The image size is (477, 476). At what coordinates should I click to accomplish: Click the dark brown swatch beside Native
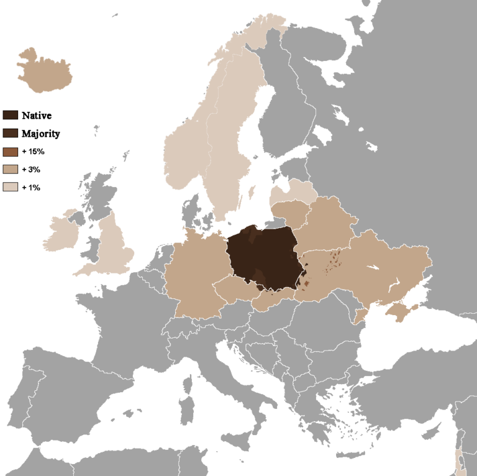[11, 115]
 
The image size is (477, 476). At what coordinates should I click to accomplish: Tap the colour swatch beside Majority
[11, 133]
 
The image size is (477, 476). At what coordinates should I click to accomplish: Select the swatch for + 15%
[11, 151]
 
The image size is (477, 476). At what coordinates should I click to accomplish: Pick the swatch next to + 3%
[11, 169]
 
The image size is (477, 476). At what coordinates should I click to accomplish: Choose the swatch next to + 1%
[11, 187]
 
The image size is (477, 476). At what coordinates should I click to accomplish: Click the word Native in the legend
[37, 115]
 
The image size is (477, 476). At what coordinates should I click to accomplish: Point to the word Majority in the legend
[40, 133]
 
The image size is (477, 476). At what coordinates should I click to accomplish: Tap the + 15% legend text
[33, 151]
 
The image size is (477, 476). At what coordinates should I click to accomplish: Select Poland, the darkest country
[261, 255]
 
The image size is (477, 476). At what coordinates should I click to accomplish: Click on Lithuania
[289, 212]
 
